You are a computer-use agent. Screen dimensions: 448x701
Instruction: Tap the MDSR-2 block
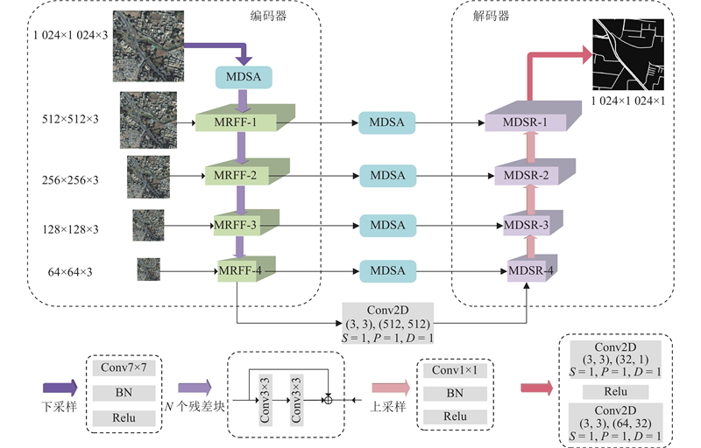527,175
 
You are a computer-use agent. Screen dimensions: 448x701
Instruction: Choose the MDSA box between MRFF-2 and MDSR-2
387,175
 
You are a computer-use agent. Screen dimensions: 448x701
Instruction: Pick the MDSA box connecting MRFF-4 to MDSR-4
387,270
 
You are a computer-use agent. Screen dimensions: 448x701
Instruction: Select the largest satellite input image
148,45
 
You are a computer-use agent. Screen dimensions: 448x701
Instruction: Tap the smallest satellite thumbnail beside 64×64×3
148,269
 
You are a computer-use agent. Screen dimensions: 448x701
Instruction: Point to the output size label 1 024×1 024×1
628,102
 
